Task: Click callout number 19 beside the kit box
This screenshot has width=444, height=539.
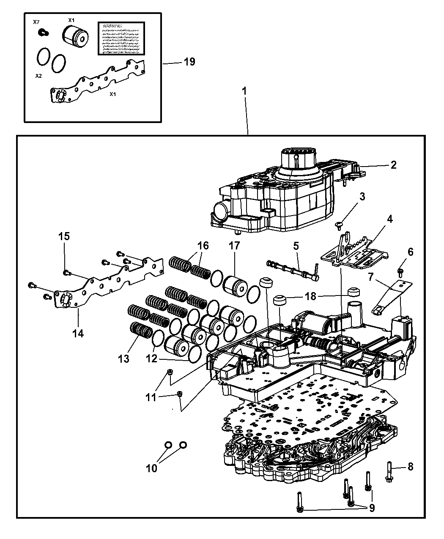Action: [189, 62]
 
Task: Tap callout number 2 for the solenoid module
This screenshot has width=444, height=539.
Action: [394, 165]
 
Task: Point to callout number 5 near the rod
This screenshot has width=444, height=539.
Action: [296, 245]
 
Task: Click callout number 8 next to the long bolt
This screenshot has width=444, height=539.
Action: [409, 467]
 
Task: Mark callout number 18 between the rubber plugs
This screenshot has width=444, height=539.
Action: [311, 296]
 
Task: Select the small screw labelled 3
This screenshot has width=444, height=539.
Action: [340, 224]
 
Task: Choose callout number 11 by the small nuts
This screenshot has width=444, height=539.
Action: [151, 397]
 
